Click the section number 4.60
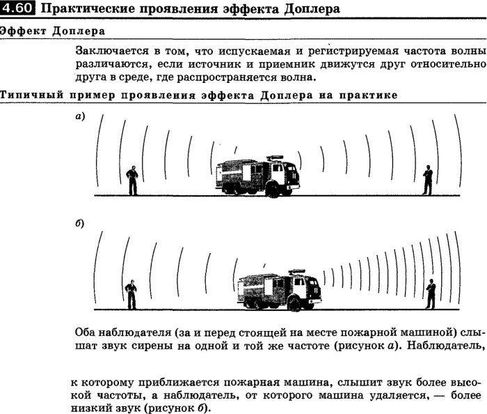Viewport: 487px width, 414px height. pos(13,10)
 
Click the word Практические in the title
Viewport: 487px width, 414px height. pos(82,10)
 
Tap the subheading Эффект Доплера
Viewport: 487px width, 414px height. pos(53,31)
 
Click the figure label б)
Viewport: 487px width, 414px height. pos(79,224)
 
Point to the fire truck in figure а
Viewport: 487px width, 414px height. pos(257,177)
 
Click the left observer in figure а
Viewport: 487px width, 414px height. pos(131,181)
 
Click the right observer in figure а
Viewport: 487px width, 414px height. pos(427,180)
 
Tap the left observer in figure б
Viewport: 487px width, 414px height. pos(130,293)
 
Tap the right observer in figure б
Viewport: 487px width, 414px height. pos(431,293)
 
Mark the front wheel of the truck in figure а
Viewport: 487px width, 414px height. pos(273,192)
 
